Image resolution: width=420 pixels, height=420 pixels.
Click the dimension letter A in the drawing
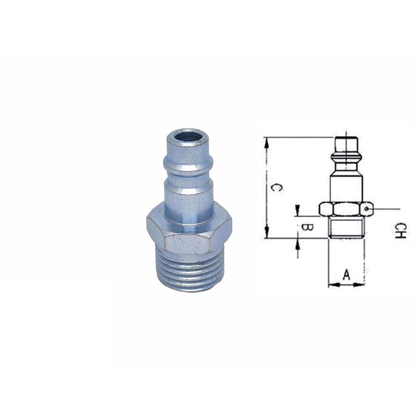point(346,275)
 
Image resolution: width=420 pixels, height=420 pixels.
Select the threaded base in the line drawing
point(346,227)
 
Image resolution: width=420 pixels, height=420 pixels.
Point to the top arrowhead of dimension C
point(266,141)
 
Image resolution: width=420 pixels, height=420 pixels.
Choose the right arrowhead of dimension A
point(362,285)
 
